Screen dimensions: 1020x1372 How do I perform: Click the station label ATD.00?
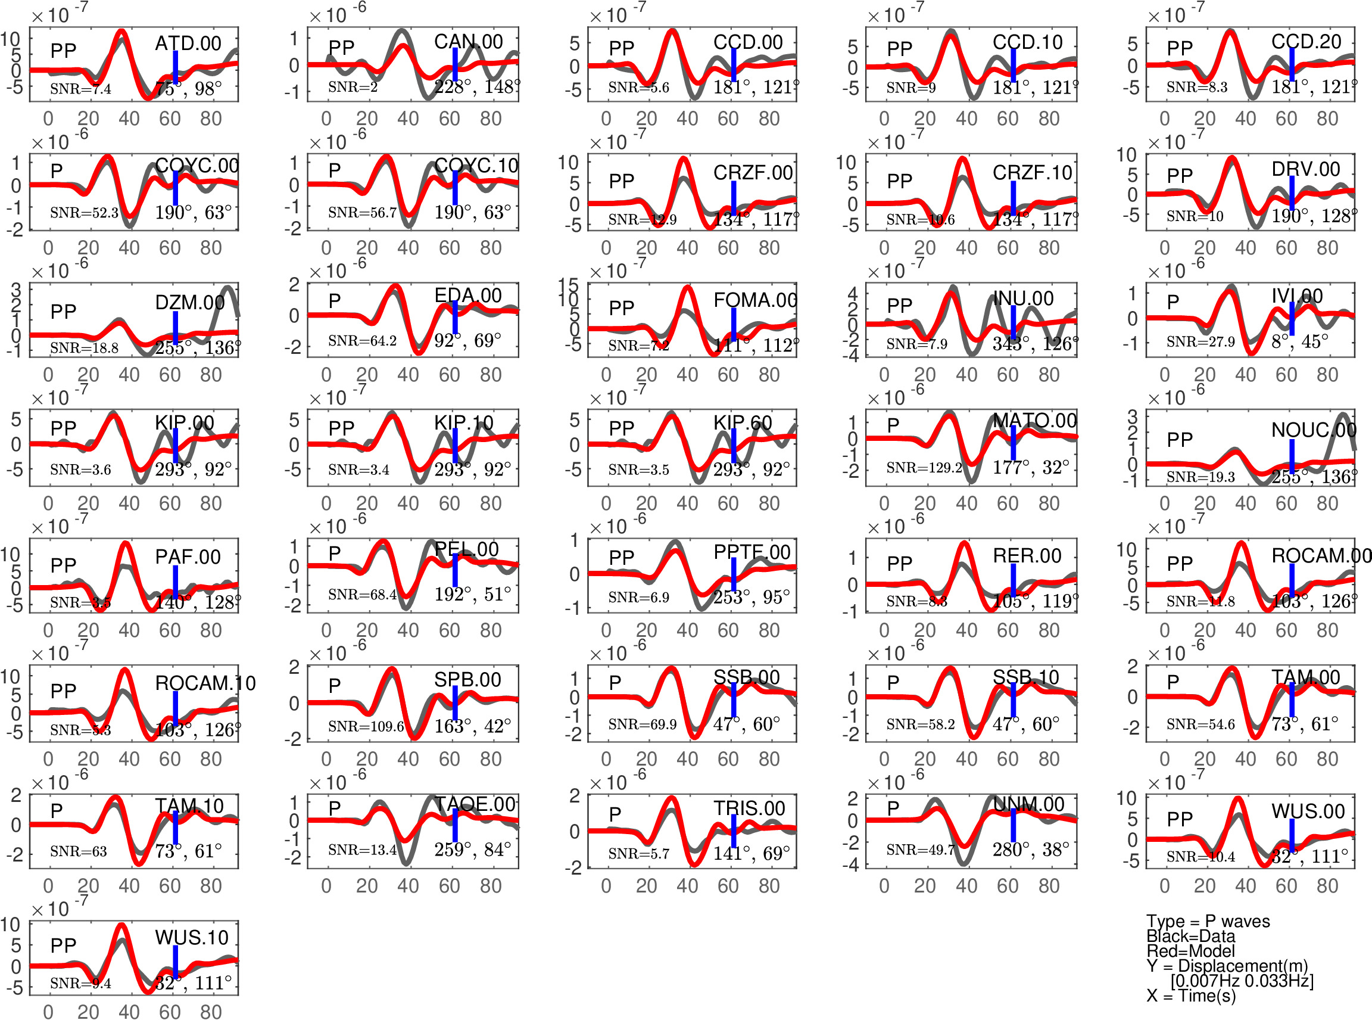click(x=188, y=43)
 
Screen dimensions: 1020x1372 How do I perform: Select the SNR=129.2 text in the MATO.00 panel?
click(x=924, y=468)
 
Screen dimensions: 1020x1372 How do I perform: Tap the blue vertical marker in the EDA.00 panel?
click(x=455, y=318)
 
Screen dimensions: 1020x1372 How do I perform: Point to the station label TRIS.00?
click(x=749, y=808)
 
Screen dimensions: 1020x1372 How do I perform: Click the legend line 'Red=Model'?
click(x=1190, y=951)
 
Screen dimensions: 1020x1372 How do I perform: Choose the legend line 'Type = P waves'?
click(x=1208, y=921)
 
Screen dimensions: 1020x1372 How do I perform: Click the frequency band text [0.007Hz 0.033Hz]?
click(x=1242, y=981)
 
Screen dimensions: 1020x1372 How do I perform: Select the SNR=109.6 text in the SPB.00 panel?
click(x=366, y=726)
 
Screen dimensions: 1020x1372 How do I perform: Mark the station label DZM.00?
click(x=189, y=303)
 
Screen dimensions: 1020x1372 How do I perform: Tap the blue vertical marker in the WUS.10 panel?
click(x=175, y=962)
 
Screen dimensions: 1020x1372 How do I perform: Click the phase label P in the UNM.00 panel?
click(x=893, y=808)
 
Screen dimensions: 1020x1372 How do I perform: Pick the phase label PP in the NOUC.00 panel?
click(x=1180, y=440)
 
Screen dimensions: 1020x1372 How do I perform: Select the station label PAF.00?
click(x=188, y=557)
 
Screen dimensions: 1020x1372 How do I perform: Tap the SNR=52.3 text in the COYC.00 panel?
click(x=84, y=213)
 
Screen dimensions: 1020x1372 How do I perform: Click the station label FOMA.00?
click(x=755, y=300)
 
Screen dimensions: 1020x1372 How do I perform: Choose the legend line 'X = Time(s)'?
click(x=1191, y=996)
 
